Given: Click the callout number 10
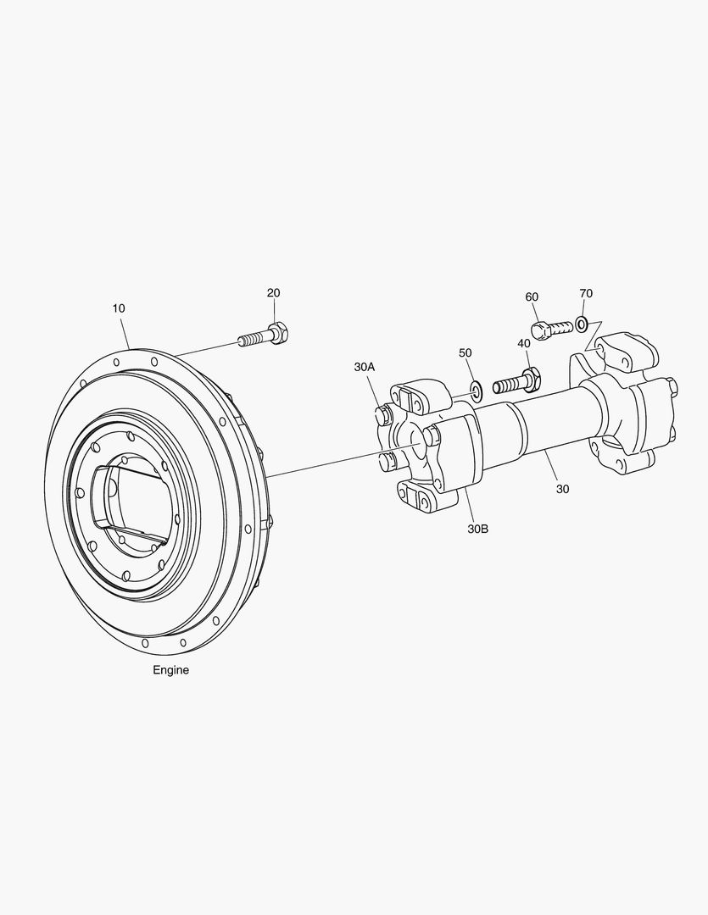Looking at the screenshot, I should (119, 308).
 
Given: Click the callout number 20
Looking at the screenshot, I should (273, 293).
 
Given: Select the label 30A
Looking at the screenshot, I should (365, 367).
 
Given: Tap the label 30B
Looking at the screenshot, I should (477, 529).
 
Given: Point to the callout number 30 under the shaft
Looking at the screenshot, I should (562, 489).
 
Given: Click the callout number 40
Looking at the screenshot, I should (524, 342).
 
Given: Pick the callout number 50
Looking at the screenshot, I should (465, 352).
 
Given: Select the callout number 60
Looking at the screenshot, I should (532, 297).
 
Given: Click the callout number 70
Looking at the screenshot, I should (586, 293).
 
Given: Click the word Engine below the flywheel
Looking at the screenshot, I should (171, 670).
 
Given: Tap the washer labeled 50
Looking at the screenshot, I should (476, 390).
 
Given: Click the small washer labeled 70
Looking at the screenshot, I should (582, 322).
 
